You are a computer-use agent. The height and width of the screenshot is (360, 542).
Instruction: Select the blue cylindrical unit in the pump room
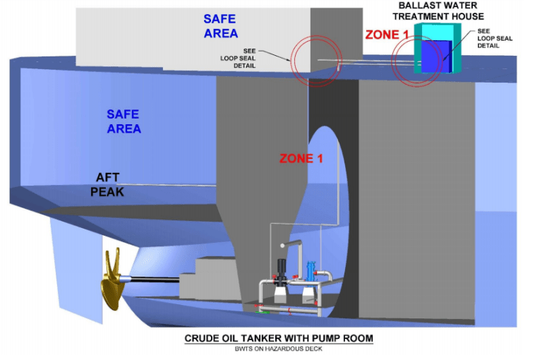click(x=311, y=272)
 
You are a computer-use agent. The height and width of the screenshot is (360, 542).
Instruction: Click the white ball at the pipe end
click(x=283, y=245)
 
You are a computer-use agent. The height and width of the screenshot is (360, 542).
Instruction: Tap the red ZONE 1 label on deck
click(x=387, y=34)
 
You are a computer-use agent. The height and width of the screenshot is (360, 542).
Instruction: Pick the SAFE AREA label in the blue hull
click(x=124, y=121)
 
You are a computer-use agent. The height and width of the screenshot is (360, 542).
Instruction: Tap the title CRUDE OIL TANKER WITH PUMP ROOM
click(x=279, y=338)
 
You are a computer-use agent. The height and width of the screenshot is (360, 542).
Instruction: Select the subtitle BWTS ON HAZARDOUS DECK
click(x=278, y=349)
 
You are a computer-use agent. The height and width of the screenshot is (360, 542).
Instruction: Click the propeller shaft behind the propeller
click(x=151, y=280)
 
